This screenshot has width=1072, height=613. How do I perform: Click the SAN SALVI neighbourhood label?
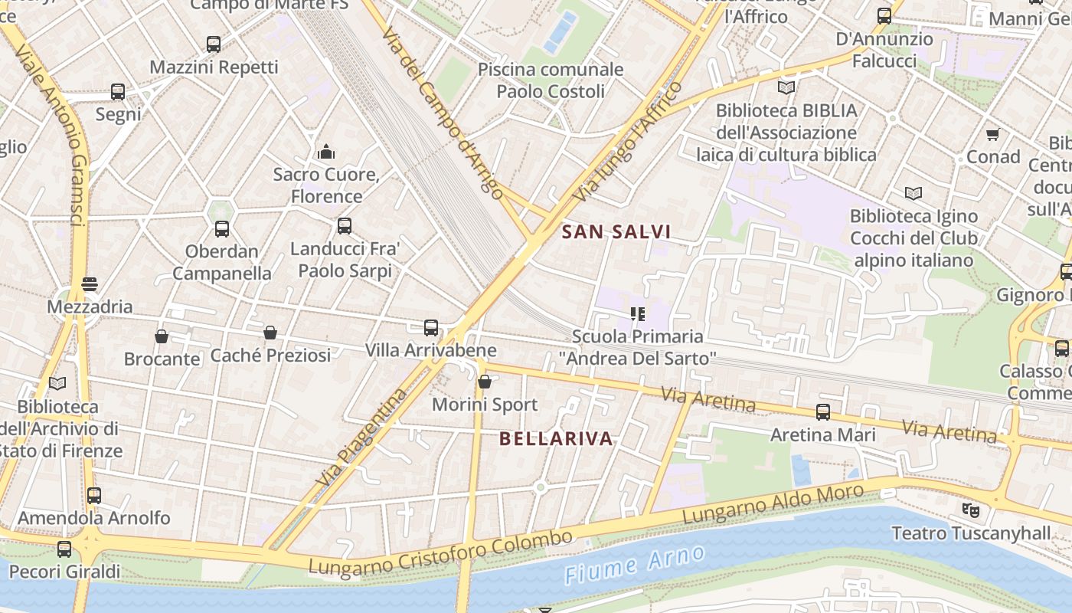(616, 231)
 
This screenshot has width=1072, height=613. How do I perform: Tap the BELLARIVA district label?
(556, 438)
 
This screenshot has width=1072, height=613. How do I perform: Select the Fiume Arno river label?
(634, 565)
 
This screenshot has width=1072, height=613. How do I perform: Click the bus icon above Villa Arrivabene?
(431, 328)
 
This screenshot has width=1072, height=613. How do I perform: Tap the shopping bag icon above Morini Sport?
(485, 382)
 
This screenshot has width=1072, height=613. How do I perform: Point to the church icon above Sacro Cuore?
(326, 152)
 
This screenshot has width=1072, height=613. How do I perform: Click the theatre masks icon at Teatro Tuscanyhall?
(970, 510)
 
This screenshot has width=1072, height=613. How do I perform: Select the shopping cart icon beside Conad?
(992, 135)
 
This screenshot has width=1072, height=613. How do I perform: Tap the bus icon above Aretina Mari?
(823, 412)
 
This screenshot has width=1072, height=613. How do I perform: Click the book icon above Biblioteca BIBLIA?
(786, 87)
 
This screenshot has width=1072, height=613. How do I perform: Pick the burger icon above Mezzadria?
(90, 284)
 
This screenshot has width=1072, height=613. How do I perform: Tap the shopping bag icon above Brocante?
(162, 336)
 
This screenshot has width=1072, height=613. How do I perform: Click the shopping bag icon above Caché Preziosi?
(270, 333)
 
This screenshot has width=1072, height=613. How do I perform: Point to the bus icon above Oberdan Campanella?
(222, 228)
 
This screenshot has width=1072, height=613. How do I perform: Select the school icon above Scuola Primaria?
(637, 313)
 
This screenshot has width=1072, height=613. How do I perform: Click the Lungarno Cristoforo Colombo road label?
(440, 552)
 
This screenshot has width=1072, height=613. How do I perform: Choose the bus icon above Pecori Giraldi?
(64, 549)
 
